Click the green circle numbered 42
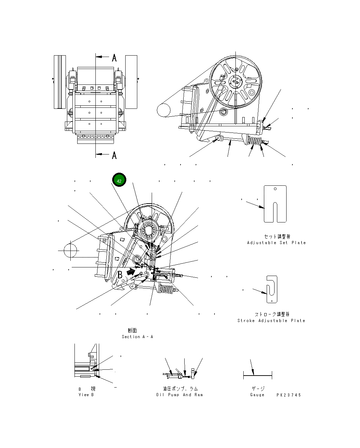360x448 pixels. point(119,181)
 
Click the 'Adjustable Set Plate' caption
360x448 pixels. point(276,243)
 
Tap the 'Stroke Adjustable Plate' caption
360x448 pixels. point(271,321)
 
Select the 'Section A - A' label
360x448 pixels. point(137,337)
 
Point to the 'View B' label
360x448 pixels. point(86,395)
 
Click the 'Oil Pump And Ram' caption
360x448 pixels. point(179,395)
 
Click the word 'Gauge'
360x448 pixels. point(257,395)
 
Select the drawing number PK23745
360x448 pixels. point(289,395)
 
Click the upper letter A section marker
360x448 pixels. point(114,58)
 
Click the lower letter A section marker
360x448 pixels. point(114,156)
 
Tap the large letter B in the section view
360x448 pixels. point(120,275)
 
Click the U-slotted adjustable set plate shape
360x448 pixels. point(275,204)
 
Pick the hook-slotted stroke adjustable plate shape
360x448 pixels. point(272,289)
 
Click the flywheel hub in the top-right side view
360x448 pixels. point(235,82)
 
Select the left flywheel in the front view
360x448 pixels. point(60,82)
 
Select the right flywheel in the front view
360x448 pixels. point(131,82)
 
